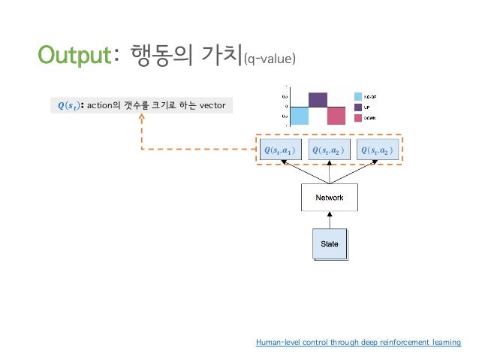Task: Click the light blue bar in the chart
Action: click(299, 116)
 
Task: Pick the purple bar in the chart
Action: click(318, 99)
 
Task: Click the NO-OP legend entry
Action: click(369, 96)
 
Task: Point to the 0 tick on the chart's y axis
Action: click(285, 107)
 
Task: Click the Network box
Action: click(330, 198)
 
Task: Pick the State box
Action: click(330, 244)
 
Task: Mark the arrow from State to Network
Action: click(330, 219)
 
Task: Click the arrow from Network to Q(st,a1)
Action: click(304, 173)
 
